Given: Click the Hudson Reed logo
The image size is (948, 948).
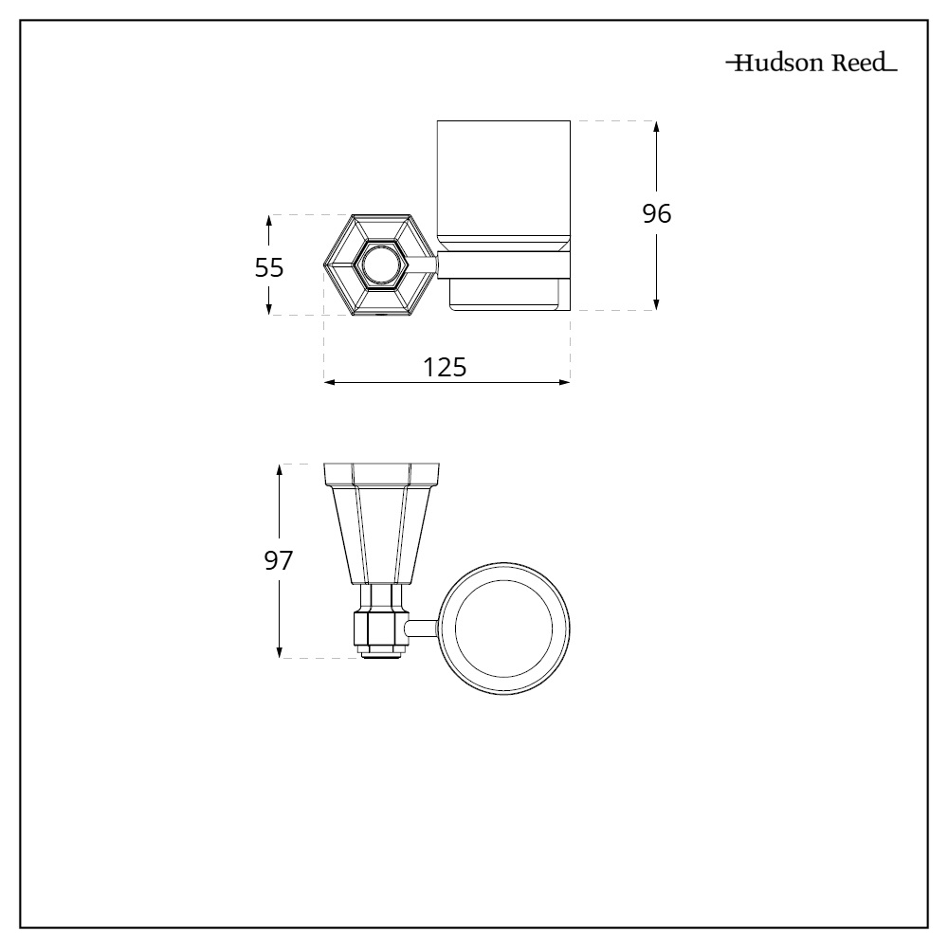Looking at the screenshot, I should [811, 65].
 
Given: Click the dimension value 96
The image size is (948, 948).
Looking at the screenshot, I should [657, 215].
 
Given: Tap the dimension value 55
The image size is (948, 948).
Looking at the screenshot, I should [269, 268].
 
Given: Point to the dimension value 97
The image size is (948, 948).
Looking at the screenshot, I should [278, 560].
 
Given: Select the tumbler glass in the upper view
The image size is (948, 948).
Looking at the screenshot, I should [503, 180].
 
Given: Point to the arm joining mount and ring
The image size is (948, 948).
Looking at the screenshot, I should [423, 627].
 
